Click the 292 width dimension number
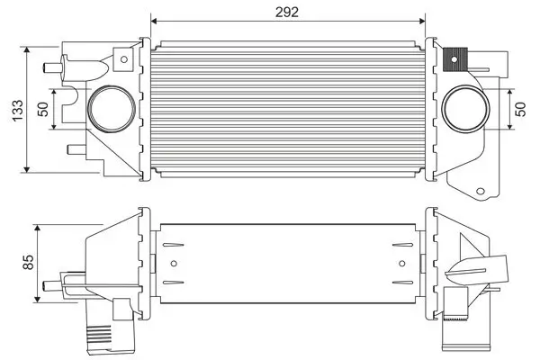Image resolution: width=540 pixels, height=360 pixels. [287, 11]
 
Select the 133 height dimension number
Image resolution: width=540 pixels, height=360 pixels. [12, 108]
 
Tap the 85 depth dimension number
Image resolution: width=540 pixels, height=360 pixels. [27, 262]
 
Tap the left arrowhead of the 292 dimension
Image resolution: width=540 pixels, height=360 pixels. [155, 20]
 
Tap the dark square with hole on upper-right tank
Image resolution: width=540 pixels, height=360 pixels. [453, 59]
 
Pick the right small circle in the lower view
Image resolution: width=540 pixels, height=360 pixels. [401, 264]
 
